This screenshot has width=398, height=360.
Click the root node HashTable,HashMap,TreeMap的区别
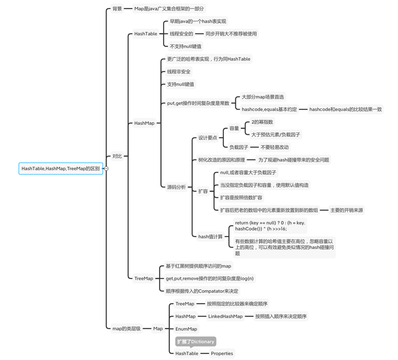point(60,169)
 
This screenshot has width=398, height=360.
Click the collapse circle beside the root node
point(106,169)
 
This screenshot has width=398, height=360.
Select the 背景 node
point(117,8)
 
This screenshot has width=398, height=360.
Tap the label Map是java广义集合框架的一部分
point(169,8)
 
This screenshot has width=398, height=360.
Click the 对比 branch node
point(117,156)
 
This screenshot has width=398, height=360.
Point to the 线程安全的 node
point(181,34)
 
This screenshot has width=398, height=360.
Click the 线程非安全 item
point(179,72)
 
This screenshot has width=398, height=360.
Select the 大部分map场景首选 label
point(262,97)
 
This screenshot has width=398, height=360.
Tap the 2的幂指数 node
point(262,122)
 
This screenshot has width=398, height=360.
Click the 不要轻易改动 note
point(274,147)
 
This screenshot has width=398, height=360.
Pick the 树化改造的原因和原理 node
point(221,160)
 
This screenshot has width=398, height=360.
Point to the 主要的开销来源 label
point(346,210)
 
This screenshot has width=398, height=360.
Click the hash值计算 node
point(210,237)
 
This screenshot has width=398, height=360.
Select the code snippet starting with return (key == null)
point(270,226)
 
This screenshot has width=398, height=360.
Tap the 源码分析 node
point(176,187)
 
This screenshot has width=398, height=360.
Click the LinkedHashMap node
point(225,316)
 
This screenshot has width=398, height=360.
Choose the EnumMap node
point(186,329)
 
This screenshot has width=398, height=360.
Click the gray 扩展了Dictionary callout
point(196,342)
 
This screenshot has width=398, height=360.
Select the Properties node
point(221,354)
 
